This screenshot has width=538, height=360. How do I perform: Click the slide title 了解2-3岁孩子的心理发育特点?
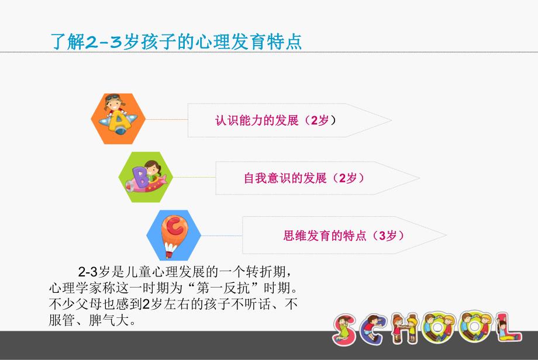177,43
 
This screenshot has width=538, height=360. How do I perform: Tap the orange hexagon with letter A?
119,119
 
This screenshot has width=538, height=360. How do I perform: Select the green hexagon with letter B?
147,176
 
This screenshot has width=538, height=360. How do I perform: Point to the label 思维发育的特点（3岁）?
344,236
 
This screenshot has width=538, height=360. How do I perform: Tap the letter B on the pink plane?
140,175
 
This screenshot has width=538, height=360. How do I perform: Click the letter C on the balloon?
173,226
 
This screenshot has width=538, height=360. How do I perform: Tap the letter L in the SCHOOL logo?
508,328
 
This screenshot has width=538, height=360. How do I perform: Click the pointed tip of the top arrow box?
390,121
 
